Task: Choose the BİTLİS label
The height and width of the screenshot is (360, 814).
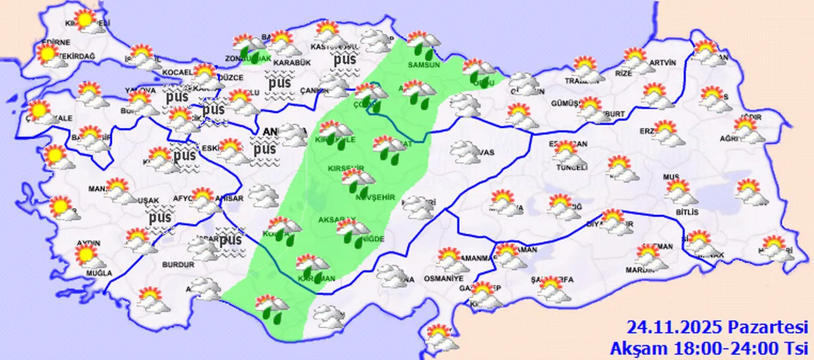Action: point(687,212)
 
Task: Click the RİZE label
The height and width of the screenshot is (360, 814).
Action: point(624,73)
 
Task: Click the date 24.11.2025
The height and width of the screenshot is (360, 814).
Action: point(674,328)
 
